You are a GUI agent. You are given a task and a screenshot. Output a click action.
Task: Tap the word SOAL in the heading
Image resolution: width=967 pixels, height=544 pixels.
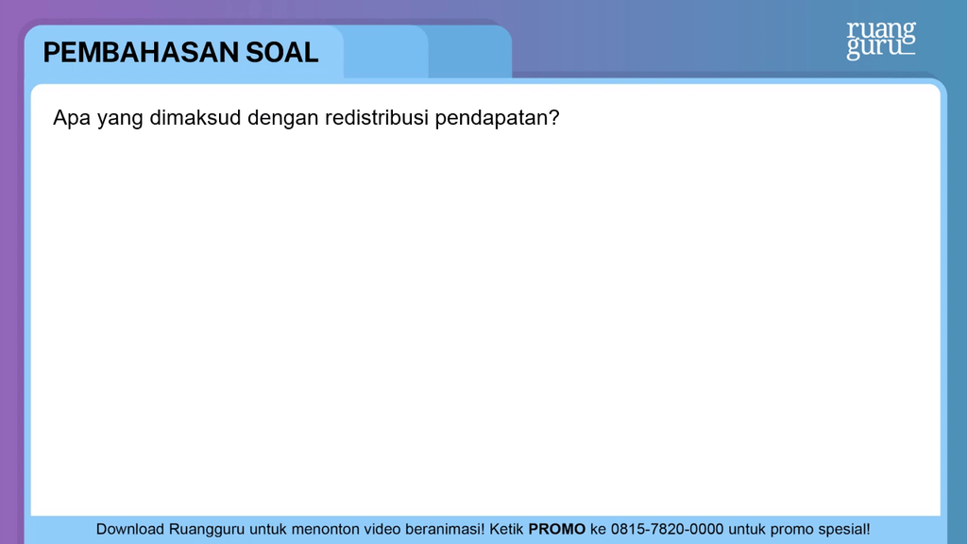tap(281, 53)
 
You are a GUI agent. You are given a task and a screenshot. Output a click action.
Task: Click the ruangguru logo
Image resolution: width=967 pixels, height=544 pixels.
tap(881, 41)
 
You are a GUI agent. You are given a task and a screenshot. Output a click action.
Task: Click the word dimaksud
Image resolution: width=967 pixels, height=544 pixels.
tap(195, 117)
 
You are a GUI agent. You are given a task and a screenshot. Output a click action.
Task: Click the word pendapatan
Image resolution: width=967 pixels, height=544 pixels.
tap(491, 118)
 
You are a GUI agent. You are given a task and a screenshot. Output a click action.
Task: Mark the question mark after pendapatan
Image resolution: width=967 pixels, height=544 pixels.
tap(553, 117)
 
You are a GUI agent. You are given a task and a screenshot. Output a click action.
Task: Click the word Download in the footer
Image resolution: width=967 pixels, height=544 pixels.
tap(129, 529)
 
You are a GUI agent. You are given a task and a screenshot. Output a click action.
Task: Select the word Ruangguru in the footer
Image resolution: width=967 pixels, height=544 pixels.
tap(207, 530)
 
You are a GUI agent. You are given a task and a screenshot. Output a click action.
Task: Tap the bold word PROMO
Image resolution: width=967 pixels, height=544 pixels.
tap(556, 529)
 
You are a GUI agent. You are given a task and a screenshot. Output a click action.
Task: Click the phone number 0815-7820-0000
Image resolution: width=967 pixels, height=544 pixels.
tap(667, 529)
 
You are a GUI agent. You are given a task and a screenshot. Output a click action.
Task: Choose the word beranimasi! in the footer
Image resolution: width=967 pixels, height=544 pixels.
tap(445, 529)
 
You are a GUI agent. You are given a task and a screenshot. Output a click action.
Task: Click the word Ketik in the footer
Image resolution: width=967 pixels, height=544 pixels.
tap(506, 529)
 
